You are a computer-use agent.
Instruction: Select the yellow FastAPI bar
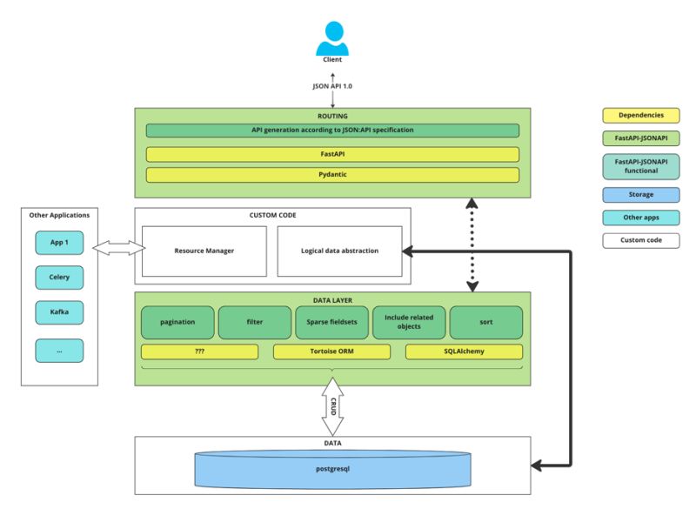coord(332,154)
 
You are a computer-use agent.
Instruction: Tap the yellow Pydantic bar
coord(332,175)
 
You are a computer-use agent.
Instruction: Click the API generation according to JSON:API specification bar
coord(332,131)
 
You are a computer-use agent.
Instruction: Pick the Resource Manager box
coord(204,251)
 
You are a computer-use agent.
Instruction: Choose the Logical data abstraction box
coord(339,251)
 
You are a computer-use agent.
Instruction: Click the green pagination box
coord(177,322)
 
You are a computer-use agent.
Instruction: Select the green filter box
coord(254,322)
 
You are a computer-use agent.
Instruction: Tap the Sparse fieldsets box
coord(331,322)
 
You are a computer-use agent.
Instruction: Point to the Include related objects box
coord(408,322)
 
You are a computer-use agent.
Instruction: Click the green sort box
coord(485,322)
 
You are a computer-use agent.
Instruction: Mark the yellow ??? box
coord(199,352)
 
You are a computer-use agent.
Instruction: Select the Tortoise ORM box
coord(331,352)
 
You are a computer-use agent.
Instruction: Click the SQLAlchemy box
coord(464,352)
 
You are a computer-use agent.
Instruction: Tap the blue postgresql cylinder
coord(332,470)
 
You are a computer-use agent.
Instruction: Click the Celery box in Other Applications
coord(60,278)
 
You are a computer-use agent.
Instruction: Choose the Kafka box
coord(60,311)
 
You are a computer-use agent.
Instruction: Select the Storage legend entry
coord(640,194)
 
